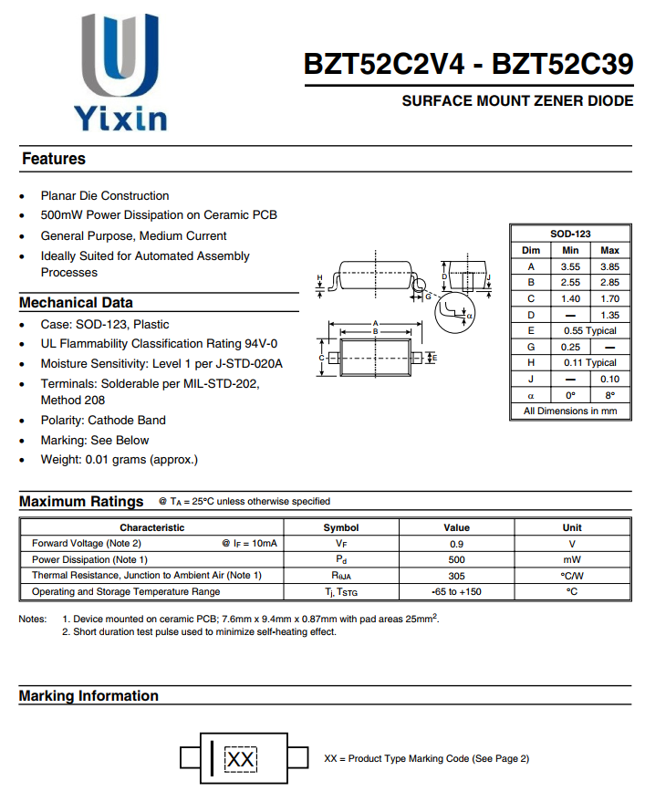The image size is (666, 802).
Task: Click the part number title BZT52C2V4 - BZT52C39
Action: point(468,65)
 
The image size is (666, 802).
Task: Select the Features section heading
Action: point(54,159)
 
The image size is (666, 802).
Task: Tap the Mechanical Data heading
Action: point(76,303)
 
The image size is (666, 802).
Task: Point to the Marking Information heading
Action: point(88,696)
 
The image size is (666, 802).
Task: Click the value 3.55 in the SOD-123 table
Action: point(570,266)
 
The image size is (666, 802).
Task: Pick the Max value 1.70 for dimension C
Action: point(609,298)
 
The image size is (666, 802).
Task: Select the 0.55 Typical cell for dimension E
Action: point(589,330)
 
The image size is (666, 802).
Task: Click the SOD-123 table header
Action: point(570,234)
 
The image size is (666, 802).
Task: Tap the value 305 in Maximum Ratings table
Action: point(456,576)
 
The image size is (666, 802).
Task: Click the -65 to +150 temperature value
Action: point(456,592)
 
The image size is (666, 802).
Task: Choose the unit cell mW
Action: point(572,559)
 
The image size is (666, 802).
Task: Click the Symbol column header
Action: point(341,527)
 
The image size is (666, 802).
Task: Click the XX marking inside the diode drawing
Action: point(241,759)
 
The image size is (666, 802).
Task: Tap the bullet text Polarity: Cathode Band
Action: point(103,421)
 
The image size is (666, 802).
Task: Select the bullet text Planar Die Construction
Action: point(105,196)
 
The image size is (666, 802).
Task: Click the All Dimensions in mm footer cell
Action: point(570,411)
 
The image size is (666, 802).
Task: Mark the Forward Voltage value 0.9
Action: point(456,544)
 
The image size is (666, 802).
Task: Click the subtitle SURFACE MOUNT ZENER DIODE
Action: point(517,101)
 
